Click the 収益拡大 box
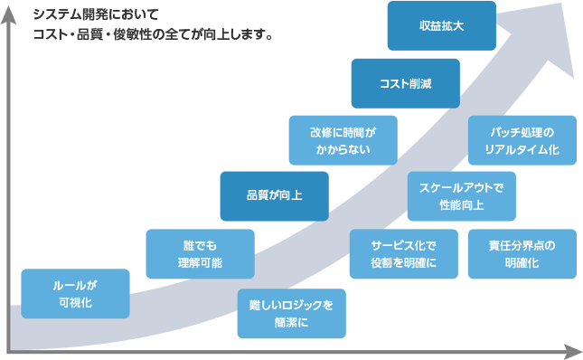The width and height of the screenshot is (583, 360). tap(442, 26)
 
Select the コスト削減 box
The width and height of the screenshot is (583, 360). tap(406, 83)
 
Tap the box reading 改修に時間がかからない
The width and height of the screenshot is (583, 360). tap(343, 140)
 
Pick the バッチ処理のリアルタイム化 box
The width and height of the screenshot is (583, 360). tap(522, 140)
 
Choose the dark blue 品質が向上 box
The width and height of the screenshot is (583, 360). tap(274, 196)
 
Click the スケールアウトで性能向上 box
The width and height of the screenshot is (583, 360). tap(461, 196)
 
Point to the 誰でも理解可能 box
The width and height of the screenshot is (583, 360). tap(200, 253)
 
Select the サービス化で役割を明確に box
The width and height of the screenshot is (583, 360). tap(403, 253)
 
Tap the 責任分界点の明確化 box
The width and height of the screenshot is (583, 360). tap(522, 253)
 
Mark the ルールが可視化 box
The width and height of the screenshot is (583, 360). tap(75, 294)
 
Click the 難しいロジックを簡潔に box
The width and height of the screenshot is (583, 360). tap(291, 313)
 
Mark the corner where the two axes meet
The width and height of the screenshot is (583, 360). tap(9, 350)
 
